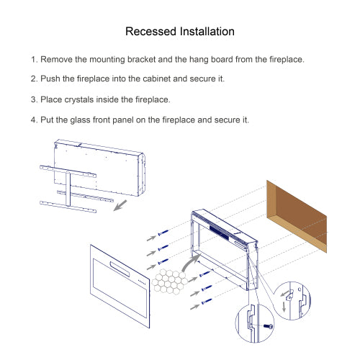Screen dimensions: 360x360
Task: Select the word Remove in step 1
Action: click(58, 59)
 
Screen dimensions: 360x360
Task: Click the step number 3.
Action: click(33, 99)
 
